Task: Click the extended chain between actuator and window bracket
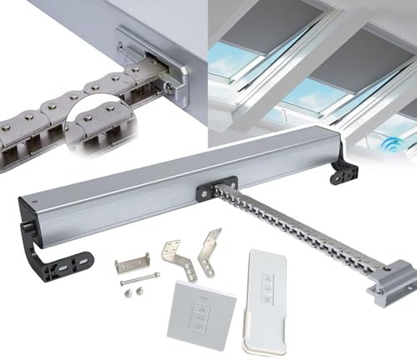[292, 225]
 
